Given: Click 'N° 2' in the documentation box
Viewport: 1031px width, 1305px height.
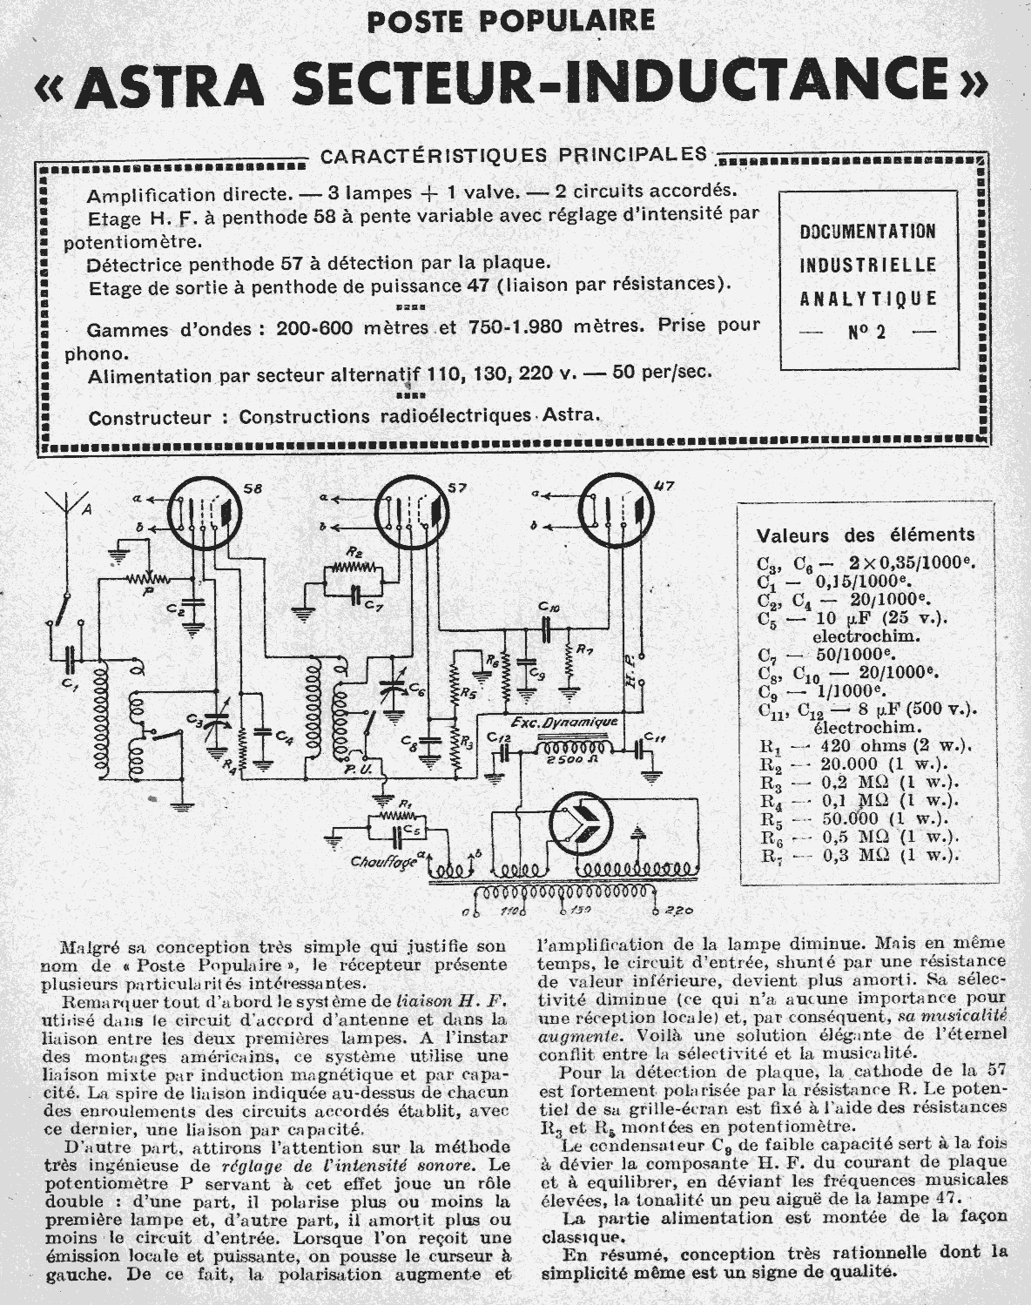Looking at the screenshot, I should pyautogui.click(x=867, y=331).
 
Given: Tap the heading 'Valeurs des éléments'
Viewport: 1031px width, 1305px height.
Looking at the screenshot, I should pyautogui.click(x=866, y=535).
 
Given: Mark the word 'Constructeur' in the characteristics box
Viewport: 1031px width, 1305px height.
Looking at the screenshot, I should pyautogui.click(x=148, y=417).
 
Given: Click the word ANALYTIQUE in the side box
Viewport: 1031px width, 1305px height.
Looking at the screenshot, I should pyautogui.click(x=867, y=299).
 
